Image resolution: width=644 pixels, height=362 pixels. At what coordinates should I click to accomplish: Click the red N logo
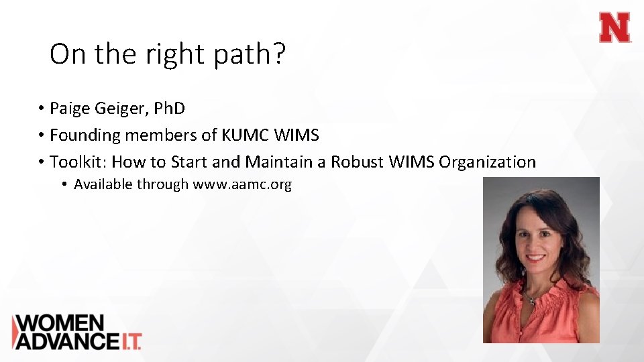click(615, 28)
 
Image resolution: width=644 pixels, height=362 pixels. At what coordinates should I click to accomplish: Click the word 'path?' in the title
click(250, 54)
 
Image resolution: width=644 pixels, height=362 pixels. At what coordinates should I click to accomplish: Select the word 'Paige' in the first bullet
click(72, 108)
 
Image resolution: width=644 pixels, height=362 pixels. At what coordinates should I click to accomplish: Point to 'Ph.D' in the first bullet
click(167, 108)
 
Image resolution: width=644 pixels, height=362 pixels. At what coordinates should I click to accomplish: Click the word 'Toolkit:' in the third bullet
click(78, 162)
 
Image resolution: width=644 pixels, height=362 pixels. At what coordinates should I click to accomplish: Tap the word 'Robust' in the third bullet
click(360, 162)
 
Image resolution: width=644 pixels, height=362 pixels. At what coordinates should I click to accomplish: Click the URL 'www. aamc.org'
click(242, 184)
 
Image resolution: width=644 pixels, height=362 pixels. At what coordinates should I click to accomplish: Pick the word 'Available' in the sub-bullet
click(103, 184)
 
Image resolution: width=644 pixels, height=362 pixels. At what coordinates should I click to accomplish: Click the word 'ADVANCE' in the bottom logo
click(64, 341)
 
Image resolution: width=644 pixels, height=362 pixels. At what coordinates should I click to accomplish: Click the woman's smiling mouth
click(537, 257)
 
